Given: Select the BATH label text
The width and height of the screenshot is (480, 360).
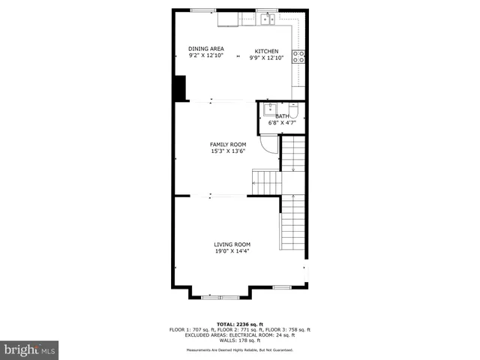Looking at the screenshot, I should click(x=282, y=116).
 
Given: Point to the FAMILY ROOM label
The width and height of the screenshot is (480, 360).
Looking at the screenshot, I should click(x=227, y=144).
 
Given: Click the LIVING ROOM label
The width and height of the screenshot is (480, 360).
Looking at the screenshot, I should click(x=232, y=244).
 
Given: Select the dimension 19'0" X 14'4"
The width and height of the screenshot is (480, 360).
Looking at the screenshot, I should click(x=232, y=251).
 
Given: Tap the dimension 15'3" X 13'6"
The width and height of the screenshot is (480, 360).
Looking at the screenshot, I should click(x=227, y=151).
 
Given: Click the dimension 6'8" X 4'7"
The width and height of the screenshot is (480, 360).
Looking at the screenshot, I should click(x=282, y=122).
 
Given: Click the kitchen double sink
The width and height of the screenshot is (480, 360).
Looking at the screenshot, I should click(x=266, y=20).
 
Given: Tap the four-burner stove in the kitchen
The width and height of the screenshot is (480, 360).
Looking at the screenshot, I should click(x=298, y=57).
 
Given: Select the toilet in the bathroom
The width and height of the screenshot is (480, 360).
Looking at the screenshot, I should click(x=294, y=112).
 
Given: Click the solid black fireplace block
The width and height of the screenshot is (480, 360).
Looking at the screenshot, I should click(x=180, y=88).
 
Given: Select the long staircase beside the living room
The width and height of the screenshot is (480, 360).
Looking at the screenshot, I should click(x=293, y=223).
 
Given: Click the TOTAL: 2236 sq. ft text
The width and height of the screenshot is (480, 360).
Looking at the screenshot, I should click(x=239, y=323).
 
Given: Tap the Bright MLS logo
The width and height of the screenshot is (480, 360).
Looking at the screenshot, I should click(x=29, y=349).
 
